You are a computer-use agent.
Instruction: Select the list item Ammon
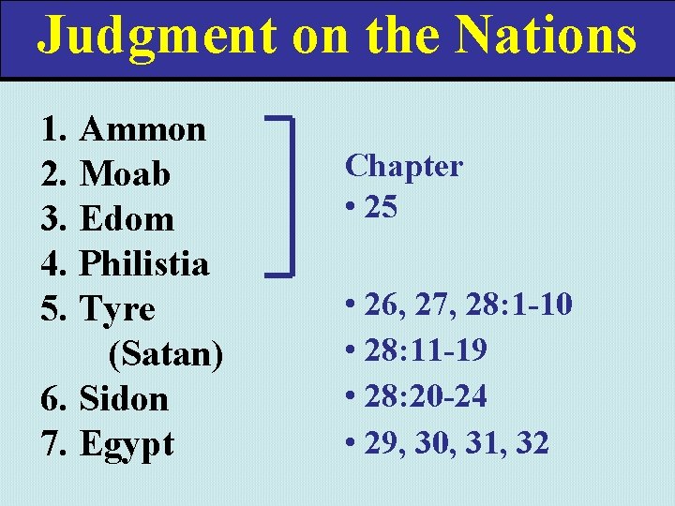click(x=143, y=128)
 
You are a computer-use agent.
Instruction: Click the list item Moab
click(x=126, y=173)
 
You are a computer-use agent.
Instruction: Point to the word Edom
click(x=127, y=218)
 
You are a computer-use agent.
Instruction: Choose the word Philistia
click(x=144, y=263)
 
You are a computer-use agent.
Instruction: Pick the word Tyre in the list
click(x=118, y=309)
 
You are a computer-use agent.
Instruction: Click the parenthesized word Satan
click(x=166, y=353)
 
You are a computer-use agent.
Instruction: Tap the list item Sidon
click(x=124, y=398)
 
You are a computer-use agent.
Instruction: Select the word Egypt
click(x=127, y=444)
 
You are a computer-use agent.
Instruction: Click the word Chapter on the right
click(x=404, y=166)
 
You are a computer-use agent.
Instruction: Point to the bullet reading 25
click(x=381, y=207)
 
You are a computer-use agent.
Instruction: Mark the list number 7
click(x=53, y=443)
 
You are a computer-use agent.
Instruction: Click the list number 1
click(x=53, y=128)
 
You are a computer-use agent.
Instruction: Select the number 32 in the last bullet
click(x=531, y=441)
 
